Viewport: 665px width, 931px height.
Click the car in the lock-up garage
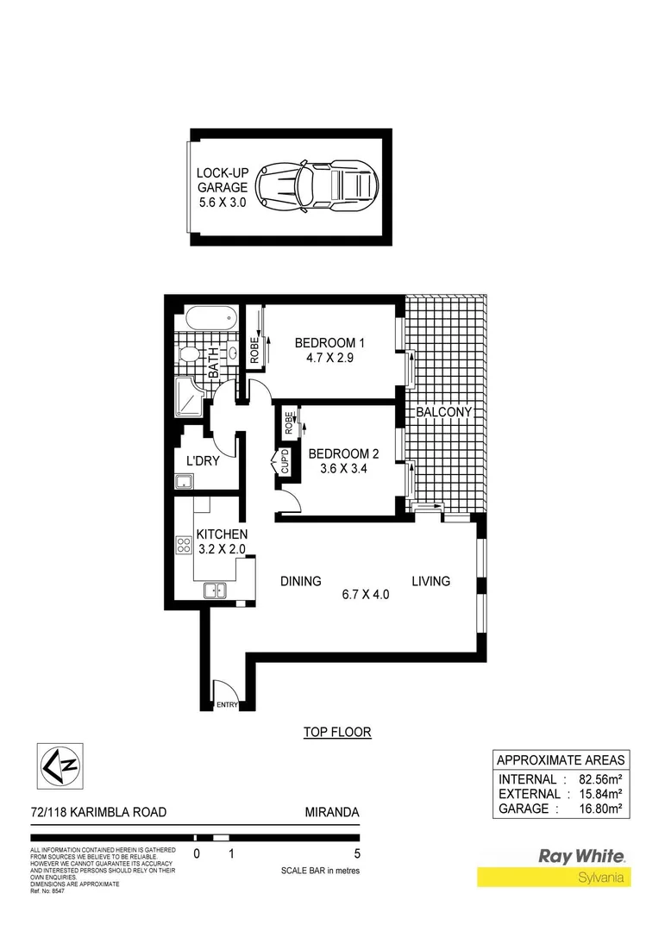(x=320, y=185)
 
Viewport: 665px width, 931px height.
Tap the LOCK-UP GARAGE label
(x=223, y=186)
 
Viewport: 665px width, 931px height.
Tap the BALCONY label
(x=443, y=412)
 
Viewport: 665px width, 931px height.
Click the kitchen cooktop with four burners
(x=184, y=544)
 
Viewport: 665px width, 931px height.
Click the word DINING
(x=300, y=581)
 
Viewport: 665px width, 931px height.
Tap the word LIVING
(x=430, y=581)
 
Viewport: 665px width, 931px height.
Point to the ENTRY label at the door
(x=227, y=704)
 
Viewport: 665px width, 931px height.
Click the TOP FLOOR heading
(x=336, y=733)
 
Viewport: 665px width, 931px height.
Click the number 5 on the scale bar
(x=357, y=855)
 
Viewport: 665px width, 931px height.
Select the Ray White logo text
(x=583, y=856)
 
